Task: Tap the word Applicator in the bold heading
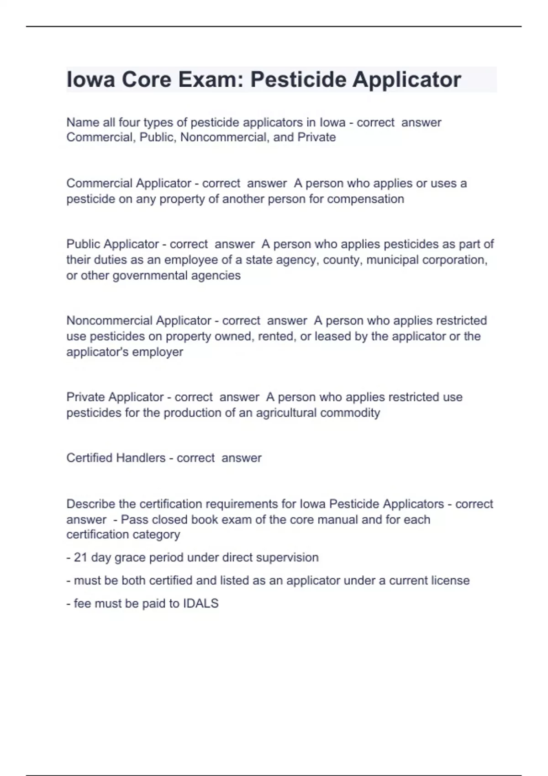(407, 80)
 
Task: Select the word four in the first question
(129, 122)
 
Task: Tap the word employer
(160, 352)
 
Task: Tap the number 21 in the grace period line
(80, 557)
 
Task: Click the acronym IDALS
(201, 603)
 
